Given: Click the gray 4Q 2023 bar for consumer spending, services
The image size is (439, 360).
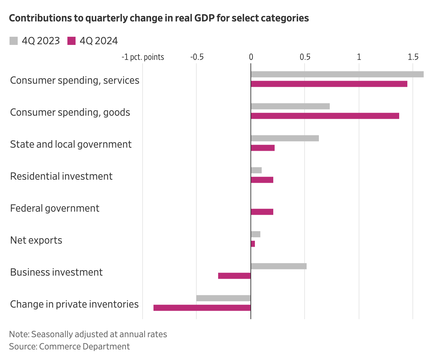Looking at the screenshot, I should tap(337, 75).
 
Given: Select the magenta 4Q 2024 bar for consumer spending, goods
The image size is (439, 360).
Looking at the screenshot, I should tap(325, 116).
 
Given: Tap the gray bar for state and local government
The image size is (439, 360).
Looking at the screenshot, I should tap(284, 138).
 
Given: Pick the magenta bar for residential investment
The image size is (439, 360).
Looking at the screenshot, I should tap(262, 180).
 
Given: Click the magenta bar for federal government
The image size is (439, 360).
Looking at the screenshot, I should tap(262, 212).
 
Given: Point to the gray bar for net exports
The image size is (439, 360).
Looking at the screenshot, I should tap(255, 234).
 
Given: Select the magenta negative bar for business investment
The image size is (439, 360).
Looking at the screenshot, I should tap(234, 276).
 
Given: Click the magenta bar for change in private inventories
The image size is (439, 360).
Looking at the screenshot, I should tap(202, 308).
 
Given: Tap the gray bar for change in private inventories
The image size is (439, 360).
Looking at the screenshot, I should tap(223, 298).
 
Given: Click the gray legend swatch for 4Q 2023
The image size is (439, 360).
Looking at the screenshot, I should tap(13, 41).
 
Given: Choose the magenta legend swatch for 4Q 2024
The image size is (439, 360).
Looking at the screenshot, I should tap(71, 41).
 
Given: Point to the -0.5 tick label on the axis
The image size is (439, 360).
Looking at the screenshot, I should tap(196, 57).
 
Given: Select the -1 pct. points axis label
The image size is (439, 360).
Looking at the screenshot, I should tap(143, 57).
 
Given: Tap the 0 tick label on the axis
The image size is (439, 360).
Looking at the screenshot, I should tap(251, 57).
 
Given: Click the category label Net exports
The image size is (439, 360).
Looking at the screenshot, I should tap(36, 240).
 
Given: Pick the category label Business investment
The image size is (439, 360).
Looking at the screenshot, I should tap(56, 272).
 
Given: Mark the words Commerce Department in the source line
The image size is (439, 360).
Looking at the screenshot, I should tap(84, 347).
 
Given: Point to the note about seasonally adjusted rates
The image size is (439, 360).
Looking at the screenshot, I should tap(88, 334).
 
